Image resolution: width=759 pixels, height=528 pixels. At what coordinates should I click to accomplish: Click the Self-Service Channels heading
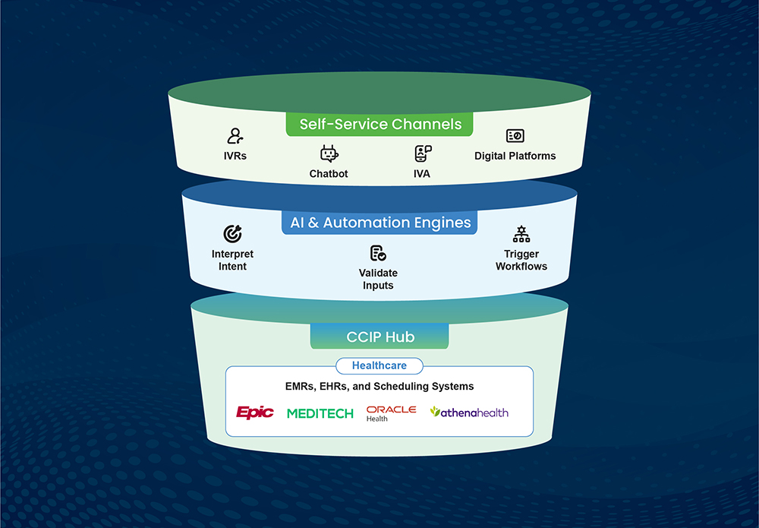pos(380,124)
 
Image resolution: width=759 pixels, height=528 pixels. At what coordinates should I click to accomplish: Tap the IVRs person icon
pos(235,136)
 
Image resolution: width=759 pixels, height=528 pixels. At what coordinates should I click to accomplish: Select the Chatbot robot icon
pos(329,154)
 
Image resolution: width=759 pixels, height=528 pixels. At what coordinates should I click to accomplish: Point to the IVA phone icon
pos(423,154)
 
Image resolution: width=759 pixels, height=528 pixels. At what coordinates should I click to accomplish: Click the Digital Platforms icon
pos(515,136)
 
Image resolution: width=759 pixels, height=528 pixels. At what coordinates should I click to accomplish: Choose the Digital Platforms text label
pos(515,156)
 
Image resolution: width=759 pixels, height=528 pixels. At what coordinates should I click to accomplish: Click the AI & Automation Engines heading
pos(380,223)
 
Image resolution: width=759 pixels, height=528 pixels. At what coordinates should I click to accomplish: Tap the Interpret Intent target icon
pos(232,234)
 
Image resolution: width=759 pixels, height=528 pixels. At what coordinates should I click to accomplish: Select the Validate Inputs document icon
pos(378,253)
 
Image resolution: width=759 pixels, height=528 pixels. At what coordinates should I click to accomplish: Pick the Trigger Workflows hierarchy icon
pos(521,234)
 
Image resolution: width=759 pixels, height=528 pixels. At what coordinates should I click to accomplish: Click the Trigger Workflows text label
pos(521,261)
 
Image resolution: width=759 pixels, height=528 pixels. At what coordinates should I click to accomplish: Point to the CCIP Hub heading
pos(379,337)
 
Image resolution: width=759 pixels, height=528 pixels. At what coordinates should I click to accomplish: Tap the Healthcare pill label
pos(379,365)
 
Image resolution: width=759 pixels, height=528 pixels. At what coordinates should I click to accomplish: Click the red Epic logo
pos(254,413)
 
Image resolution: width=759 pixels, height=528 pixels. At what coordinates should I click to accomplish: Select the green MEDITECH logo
pos(320,413)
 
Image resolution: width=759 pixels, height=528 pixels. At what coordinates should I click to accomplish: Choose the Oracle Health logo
pos(391,413)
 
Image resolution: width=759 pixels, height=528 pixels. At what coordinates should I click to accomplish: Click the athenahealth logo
pos(469,413)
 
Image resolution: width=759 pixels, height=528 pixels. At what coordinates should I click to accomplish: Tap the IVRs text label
pos(235,156)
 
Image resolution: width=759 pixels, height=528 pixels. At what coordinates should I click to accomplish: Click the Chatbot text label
pos(329,174)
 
